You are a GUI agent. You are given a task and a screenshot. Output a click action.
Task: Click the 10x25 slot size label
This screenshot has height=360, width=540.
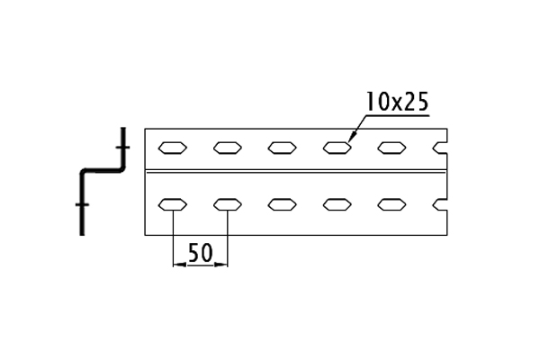[x=397, y=102]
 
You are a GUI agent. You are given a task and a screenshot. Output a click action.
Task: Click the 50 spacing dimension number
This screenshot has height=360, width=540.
[x=200, y=253]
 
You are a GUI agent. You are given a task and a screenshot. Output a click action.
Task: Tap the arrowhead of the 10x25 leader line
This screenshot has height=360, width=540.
[x=351, y=138]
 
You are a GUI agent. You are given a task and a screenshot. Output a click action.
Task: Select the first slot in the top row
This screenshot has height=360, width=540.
[x=173, y=148]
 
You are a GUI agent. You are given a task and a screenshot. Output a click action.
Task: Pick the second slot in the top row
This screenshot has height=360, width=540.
[x=228, y=148]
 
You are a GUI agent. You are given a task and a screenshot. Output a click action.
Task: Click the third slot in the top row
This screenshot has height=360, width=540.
[x=282, y=148]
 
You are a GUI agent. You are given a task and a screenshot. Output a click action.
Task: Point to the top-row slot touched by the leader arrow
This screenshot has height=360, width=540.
[x=337, y=148]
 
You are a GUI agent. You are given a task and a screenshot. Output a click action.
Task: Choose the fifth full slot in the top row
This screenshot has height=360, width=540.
[x=391, y=148]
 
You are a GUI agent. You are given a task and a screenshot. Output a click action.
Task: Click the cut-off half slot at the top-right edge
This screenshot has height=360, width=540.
[x=440, y=148]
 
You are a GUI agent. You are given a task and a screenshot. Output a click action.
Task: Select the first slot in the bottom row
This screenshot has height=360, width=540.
[x=173, y=204]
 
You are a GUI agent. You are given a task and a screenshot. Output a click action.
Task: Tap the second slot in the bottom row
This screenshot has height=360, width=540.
[x=228, y=204]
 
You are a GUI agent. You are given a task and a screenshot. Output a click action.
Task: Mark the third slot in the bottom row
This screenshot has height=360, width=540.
[x=282, y=204]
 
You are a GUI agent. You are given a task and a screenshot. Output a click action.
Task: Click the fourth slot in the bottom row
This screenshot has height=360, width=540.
[x=337, y=204]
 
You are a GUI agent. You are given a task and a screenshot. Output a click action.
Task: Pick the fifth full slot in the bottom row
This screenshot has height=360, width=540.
[x=391, y=204]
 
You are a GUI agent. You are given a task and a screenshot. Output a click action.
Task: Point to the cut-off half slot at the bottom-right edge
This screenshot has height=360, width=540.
[x=440, y=204]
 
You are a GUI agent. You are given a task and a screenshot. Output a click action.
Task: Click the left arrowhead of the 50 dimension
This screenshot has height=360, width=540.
[x=179, y=265]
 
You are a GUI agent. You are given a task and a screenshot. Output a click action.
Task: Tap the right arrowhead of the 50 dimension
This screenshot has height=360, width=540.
[x=221, y=265]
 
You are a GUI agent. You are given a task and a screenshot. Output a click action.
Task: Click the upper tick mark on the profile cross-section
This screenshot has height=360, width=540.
[x=123, y=148]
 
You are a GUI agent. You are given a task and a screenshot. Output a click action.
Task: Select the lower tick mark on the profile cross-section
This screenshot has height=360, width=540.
[x=82, y=204]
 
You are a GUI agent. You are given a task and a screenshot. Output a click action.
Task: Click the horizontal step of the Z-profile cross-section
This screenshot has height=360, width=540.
[x=103, y=170]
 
